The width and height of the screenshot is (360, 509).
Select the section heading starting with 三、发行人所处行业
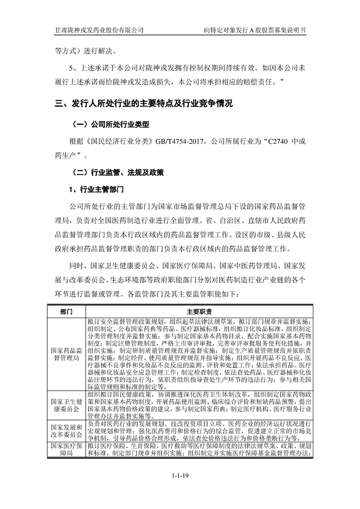(144, 104)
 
